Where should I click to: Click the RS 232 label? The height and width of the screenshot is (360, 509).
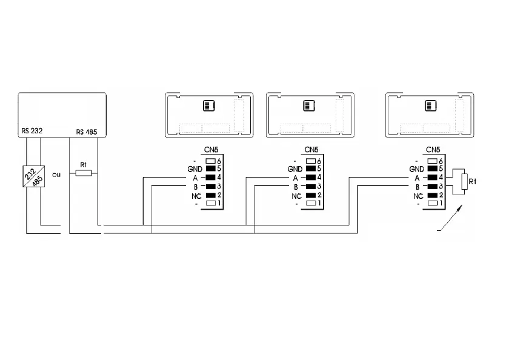pyautogui.click(x=30, y=130)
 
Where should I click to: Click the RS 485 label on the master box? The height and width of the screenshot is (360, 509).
pyautogui.click(x=86, y=132)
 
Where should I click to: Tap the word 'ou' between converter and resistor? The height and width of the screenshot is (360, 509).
pyautogui.click(x=57, y=175)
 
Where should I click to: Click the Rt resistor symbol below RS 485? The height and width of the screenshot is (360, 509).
pyautogui.click(x=82, y=173)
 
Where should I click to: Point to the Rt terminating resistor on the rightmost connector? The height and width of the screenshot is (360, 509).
pyautogui.click(x=464, y=182)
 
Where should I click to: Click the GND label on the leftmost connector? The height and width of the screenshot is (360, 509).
pyautogui.click(x=194, y=169)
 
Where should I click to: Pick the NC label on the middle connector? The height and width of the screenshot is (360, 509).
pyautogui.click(x=296, y=196)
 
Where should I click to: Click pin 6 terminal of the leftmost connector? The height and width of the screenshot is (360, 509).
pyautogui.click(x=210, y=160)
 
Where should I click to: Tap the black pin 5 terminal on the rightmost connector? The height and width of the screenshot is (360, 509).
pyautogui.click(x=433, y=169)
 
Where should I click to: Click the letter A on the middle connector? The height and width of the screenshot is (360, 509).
pyautogui.click(x=295, y=178)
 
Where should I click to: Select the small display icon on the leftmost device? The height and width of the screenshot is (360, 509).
pyautogui.click(x=207, y=106)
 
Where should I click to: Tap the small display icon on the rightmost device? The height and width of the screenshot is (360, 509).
pyautogui.click(x=431, y=106)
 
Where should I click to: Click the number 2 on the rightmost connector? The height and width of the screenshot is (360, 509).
pyautogui.click(x=442, y=195)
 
